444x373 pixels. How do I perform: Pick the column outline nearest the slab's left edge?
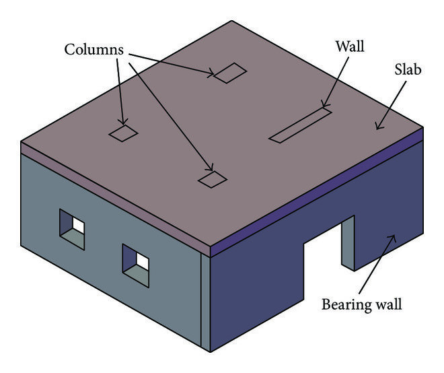pos(123,133)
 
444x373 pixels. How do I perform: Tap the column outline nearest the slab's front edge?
pos(213,179)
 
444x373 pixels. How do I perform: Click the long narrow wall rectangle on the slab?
pos(300,126)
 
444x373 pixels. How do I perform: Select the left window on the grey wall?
pos(72,229)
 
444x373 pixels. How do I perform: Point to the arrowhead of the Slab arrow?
pos(377,128)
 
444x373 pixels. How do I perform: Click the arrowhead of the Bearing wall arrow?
pos(396,236)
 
